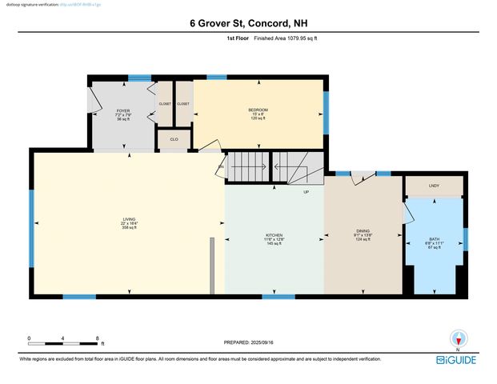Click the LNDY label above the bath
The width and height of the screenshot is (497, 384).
(435, 186)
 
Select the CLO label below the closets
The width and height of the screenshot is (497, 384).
(174, 139)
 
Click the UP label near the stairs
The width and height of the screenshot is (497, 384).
(306, 192)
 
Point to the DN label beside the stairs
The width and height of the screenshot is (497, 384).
(221, 166)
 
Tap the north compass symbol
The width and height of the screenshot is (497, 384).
(458, 339)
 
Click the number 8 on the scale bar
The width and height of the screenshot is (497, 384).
(98, 338)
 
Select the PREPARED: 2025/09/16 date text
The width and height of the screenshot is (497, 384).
(249, 342)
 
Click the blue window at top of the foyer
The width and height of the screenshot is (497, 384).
(140, 78)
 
